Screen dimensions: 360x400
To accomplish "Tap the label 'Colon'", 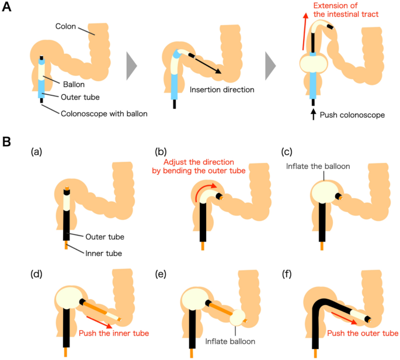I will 67,26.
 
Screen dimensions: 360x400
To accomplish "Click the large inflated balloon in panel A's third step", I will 315,63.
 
